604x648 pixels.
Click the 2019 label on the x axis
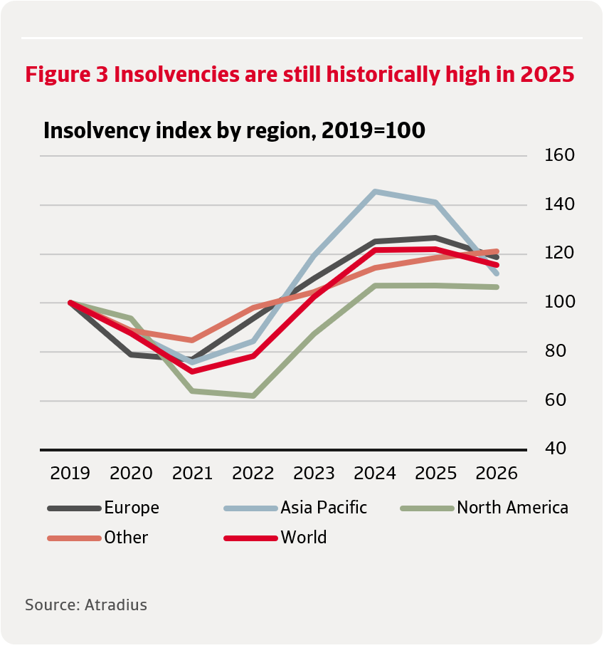click(70, 474)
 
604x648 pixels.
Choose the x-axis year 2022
click(253, 474)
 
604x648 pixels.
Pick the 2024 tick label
click(375, 474)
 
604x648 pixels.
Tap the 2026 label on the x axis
click(497, 474)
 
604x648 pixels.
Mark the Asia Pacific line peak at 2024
click(375, 192)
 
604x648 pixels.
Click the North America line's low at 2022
click(253, 395)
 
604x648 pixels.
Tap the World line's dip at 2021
click(192, 372)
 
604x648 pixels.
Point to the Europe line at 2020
click(132, 354)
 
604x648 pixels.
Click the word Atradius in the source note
click(115, 605)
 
